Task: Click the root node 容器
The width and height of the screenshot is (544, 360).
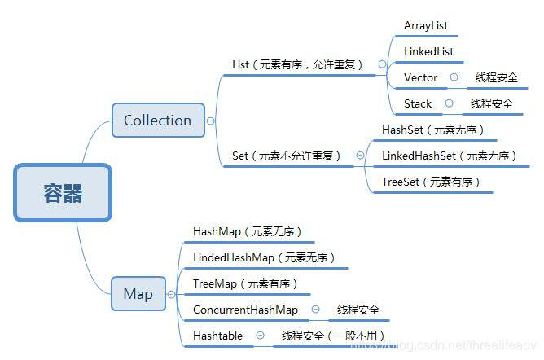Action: (x=62, y=193)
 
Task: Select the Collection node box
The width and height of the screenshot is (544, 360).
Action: (x=157, y=121)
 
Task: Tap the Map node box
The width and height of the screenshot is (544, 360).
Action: (x=138, y=294)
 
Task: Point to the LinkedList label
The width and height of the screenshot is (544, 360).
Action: (x=428, y=51)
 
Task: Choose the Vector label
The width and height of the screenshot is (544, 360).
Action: (x=420, y=77)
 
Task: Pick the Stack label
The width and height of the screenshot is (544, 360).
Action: (x=418, y=103)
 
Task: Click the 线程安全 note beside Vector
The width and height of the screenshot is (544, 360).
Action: (x=497, y=77)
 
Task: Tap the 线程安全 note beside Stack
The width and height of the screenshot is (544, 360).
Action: (x=492, y=103)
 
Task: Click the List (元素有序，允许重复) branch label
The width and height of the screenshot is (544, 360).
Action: (x=297, y=64)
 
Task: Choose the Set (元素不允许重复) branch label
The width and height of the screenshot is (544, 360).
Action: (x=286, y=156)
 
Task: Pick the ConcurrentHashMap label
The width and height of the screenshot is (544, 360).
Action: (x=245, y=310)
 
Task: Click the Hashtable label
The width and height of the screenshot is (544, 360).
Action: (x=217, y=336)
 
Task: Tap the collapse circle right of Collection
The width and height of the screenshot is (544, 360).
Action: (x=210, y=121)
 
